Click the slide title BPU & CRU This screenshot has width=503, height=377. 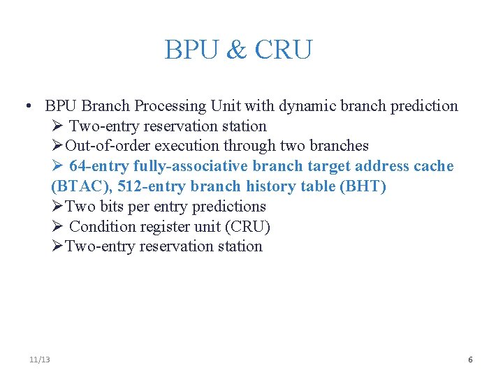(x=238, y=50)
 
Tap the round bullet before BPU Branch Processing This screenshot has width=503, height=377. (x=26, y=106)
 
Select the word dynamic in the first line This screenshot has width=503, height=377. (x=305, y=106)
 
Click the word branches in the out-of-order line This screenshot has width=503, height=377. (x=338, y=146)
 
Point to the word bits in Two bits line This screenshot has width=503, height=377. (x=112, y=207)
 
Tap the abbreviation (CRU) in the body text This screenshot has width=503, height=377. (x=248, y=227)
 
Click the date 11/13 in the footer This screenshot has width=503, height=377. (x=40, y=360)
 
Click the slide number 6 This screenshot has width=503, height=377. (x=470, y=360)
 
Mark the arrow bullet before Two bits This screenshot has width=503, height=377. (x=57, y=207)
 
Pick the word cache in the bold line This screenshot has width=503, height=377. (x=433, y=166)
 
